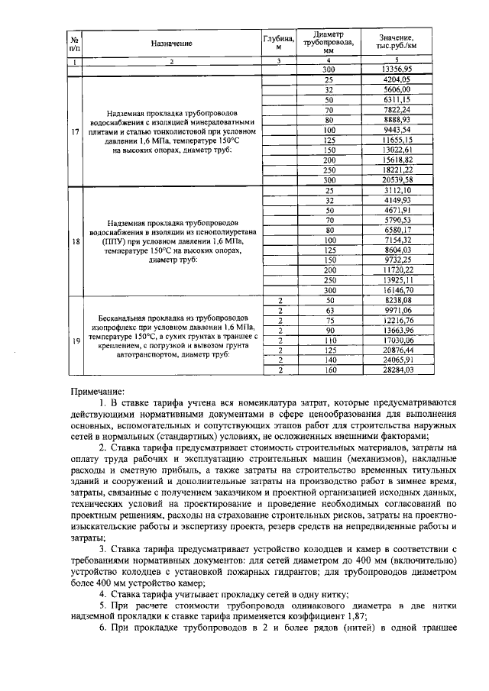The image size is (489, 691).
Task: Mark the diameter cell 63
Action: (x=329, y=310)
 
